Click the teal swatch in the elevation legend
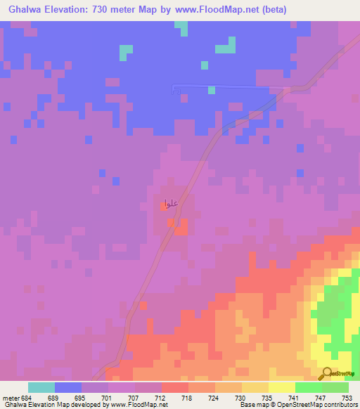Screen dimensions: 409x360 click(41, 387)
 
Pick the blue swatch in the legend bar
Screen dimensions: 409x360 click(68, 387)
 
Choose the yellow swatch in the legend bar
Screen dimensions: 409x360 click(281, 387)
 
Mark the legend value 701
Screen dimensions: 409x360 click(108, 397)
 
